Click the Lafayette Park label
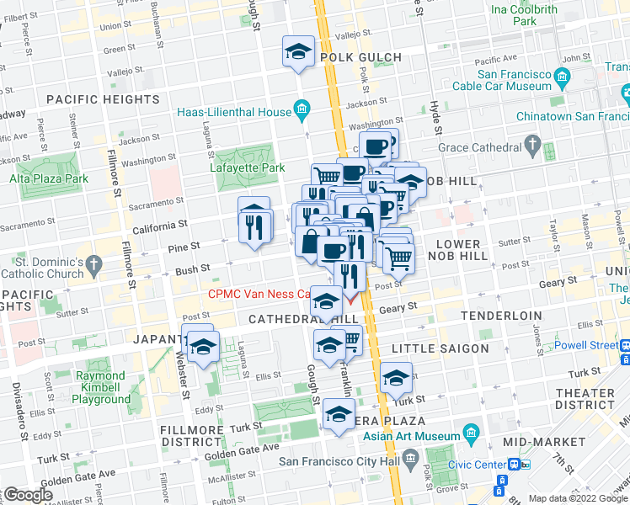(247, 167)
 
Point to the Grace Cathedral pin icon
(531, 147)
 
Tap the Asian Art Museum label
(412, 436)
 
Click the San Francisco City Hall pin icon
(411, 460)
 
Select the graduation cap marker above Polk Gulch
(298, 53)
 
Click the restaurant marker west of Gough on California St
(255, 225)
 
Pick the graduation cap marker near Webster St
(202, 347)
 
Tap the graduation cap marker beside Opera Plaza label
(339, 414)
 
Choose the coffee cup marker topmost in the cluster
(378, 146)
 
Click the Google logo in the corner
(28, 495)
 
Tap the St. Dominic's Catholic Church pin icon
(93, 265)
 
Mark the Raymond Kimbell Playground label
(101, 387)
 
